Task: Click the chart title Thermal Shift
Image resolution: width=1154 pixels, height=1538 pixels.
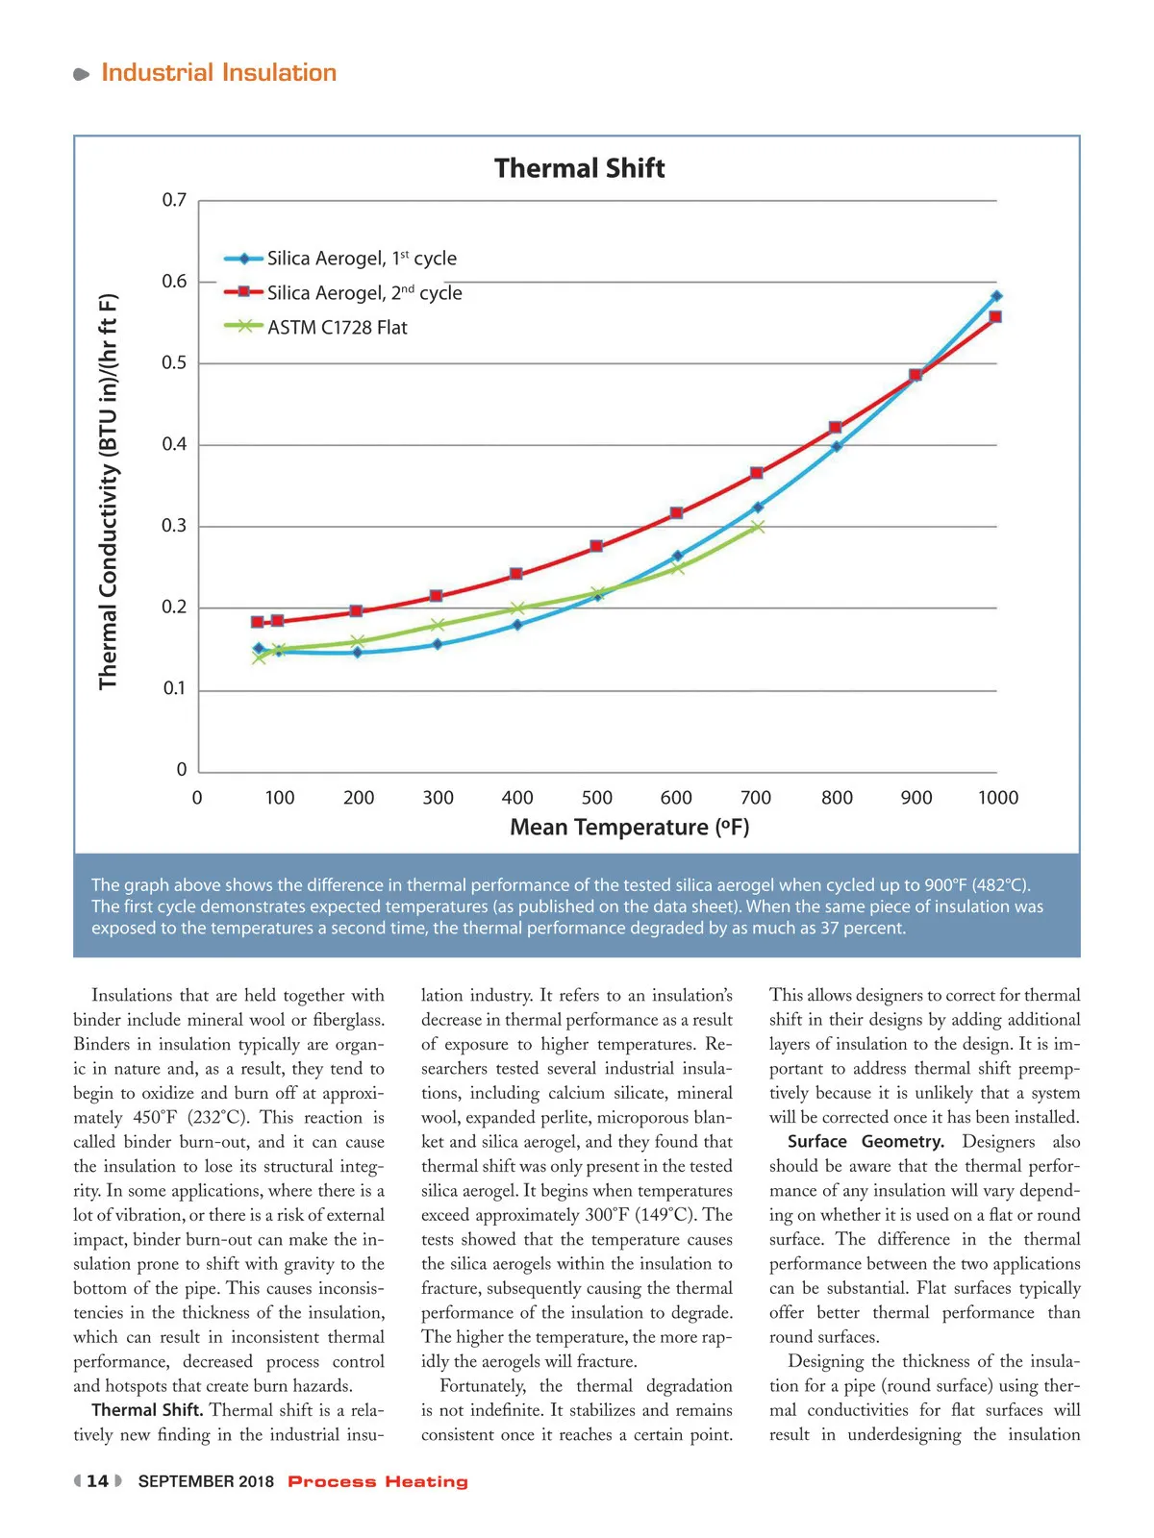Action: [x=579, y=168]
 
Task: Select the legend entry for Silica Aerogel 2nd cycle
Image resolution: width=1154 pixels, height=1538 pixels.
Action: [x=364, y=292]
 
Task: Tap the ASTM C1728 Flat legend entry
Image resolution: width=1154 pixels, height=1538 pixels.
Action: [x=337, y=328]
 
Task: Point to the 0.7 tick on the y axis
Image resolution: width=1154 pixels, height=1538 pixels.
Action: [x=174, y=200]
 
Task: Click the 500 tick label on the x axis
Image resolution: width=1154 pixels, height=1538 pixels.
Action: [x=596, y=798]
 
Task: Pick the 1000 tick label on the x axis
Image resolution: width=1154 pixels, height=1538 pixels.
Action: [x=997, y=798]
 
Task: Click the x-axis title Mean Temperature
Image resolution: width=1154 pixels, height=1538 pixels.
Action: [x=629, y=828]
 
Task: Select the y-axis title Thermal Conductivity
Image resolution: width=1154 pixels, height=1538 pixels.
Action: [x=108, y=491]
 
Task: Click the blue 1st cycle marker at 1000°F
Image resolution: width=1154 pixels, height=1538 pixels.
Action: [x=996, y=296]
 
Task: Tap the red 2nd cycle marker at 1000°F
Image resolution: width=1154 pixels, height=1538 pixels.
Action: [x=995, y=316]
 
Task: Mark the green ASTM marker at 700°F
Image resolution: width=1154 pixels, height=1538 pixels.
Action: [x=757, y=527]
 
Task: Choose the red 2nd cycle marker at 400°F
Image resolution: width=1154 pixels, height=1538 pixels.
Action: [x=516, y=574]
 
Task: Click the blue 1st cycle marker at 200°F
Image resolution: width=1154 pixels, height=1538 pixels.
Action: [x=358, y=653]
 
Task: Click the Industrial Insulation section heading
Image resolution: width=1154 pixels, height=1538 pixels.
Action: [x=218, y=73]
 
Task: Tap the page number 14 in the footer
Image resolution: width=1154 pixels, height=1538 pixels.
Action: [x=97, y=1481]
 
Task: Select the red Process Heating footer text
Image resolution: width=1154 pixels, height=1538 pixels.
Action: [x=378, y=1481]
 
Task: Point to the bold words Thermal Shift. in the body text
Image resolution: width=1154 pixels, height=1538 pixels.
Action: [x=147, y=1410]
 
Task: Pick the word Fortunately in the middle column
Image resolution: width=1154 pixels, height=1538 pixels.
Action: [x=483, y=1386]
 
